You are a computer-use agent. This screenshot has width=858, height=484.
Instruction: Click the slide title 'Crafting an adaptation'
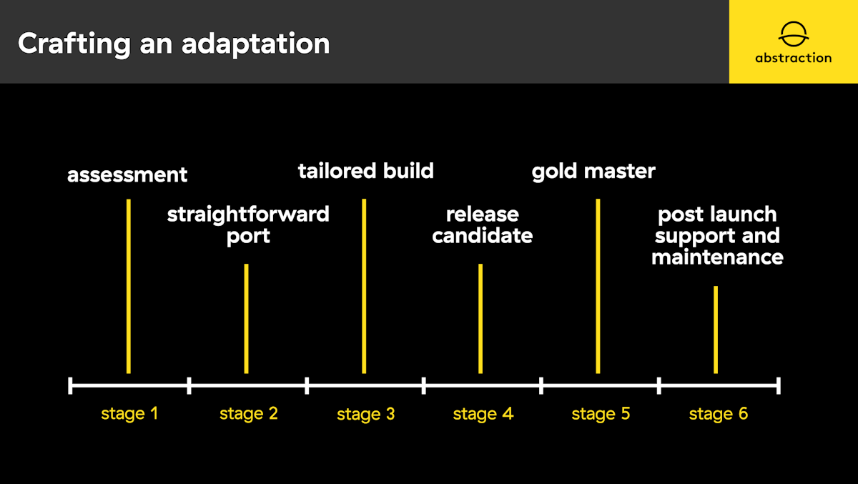point(174,44)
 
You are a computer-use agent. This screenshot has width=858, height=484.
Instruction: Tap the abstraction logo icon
point(793,35)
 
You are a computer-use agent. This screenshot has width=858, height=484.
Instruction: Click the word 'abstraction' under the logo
point(793,58)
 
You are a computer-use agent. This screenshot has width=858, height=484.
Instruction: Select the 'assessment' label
point(127,175)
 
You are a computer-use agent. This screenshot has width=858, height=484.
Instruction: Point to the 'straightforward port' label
point(248,225)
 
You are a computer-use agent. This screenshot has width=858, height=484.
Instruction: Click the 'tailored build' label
point(366,170)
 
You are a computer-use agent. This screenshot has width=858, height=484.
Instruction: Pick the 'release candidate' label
point(482,224)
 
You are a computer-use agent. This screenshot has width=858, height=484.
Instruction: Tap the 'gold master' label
point(593,172)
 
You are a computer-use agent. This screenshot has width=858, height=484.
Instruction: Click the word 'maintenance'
point(717,257)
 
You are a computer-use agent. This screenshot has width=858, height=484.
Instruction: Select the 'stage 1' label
point(129,414)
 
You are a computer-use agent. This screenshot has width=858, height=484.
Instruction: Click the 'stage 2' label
point(249,414)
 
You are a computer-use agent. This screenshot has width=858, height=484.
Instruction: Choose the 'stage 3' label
point(366,415)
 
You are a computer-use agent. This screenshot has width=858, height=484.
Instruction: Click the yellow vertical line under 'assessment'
point(129,286)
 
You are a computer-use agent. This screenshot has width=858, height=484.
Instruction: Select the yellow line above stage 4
point(480,319)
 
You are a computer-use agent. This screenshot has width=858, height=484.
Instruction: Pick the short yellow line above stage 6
point(716,330)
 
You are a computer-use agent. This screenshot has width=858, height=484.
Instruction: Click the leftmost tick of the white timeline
point(70,385)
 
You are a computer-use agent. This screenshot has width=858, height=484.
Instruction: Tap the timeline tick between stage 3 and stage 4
point(423,385)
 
